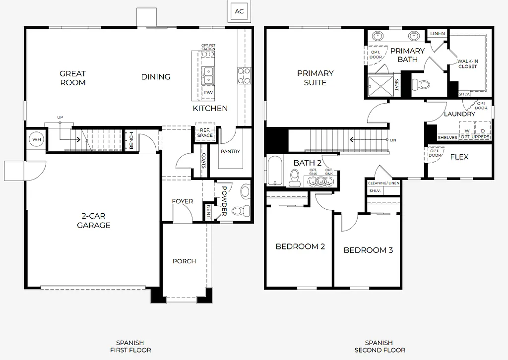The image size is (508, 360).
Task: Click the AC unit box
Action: click(x=240, y=11)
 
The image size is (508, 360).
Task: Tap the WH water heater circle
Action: click(x=36, y=140)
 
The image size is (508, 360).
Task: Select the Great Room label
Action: click(x=73, y=78)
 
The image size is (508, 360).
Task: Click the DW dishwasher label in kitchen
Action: click(x=208, y=93)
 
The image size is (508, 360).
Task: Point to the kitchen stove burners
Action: click(x=244, y=75)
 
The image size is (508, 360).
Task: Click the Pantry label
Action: click(x=230, y=152)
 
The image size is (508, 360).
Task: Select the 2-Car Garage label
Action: click(x=93, y=221)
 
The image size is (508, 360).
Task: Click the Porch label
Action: click(x=184, y=261)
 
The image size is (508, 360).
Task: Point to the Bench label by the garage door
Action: click(x=131, y=141)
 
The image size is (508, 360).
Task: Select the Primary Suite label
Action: click(x=315, y=78)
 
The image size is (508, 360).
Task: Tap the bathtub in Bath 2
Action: click(x=274, y=170)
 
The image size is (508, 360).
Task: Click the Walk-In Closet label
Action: click(x=467, y=63)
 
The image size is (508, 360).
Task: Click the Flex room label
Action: click(x=459, y=157)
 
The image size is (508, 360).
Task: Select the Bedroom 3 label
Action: click(x=368, y=250)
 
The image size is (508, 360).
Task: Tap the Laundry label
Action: click(x=459, y=114)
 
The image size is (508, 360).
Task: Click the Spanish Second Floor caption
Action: click(x=380, y=346)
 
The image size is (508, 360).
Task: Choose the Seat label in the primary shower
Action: click(x=396, y=85)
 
